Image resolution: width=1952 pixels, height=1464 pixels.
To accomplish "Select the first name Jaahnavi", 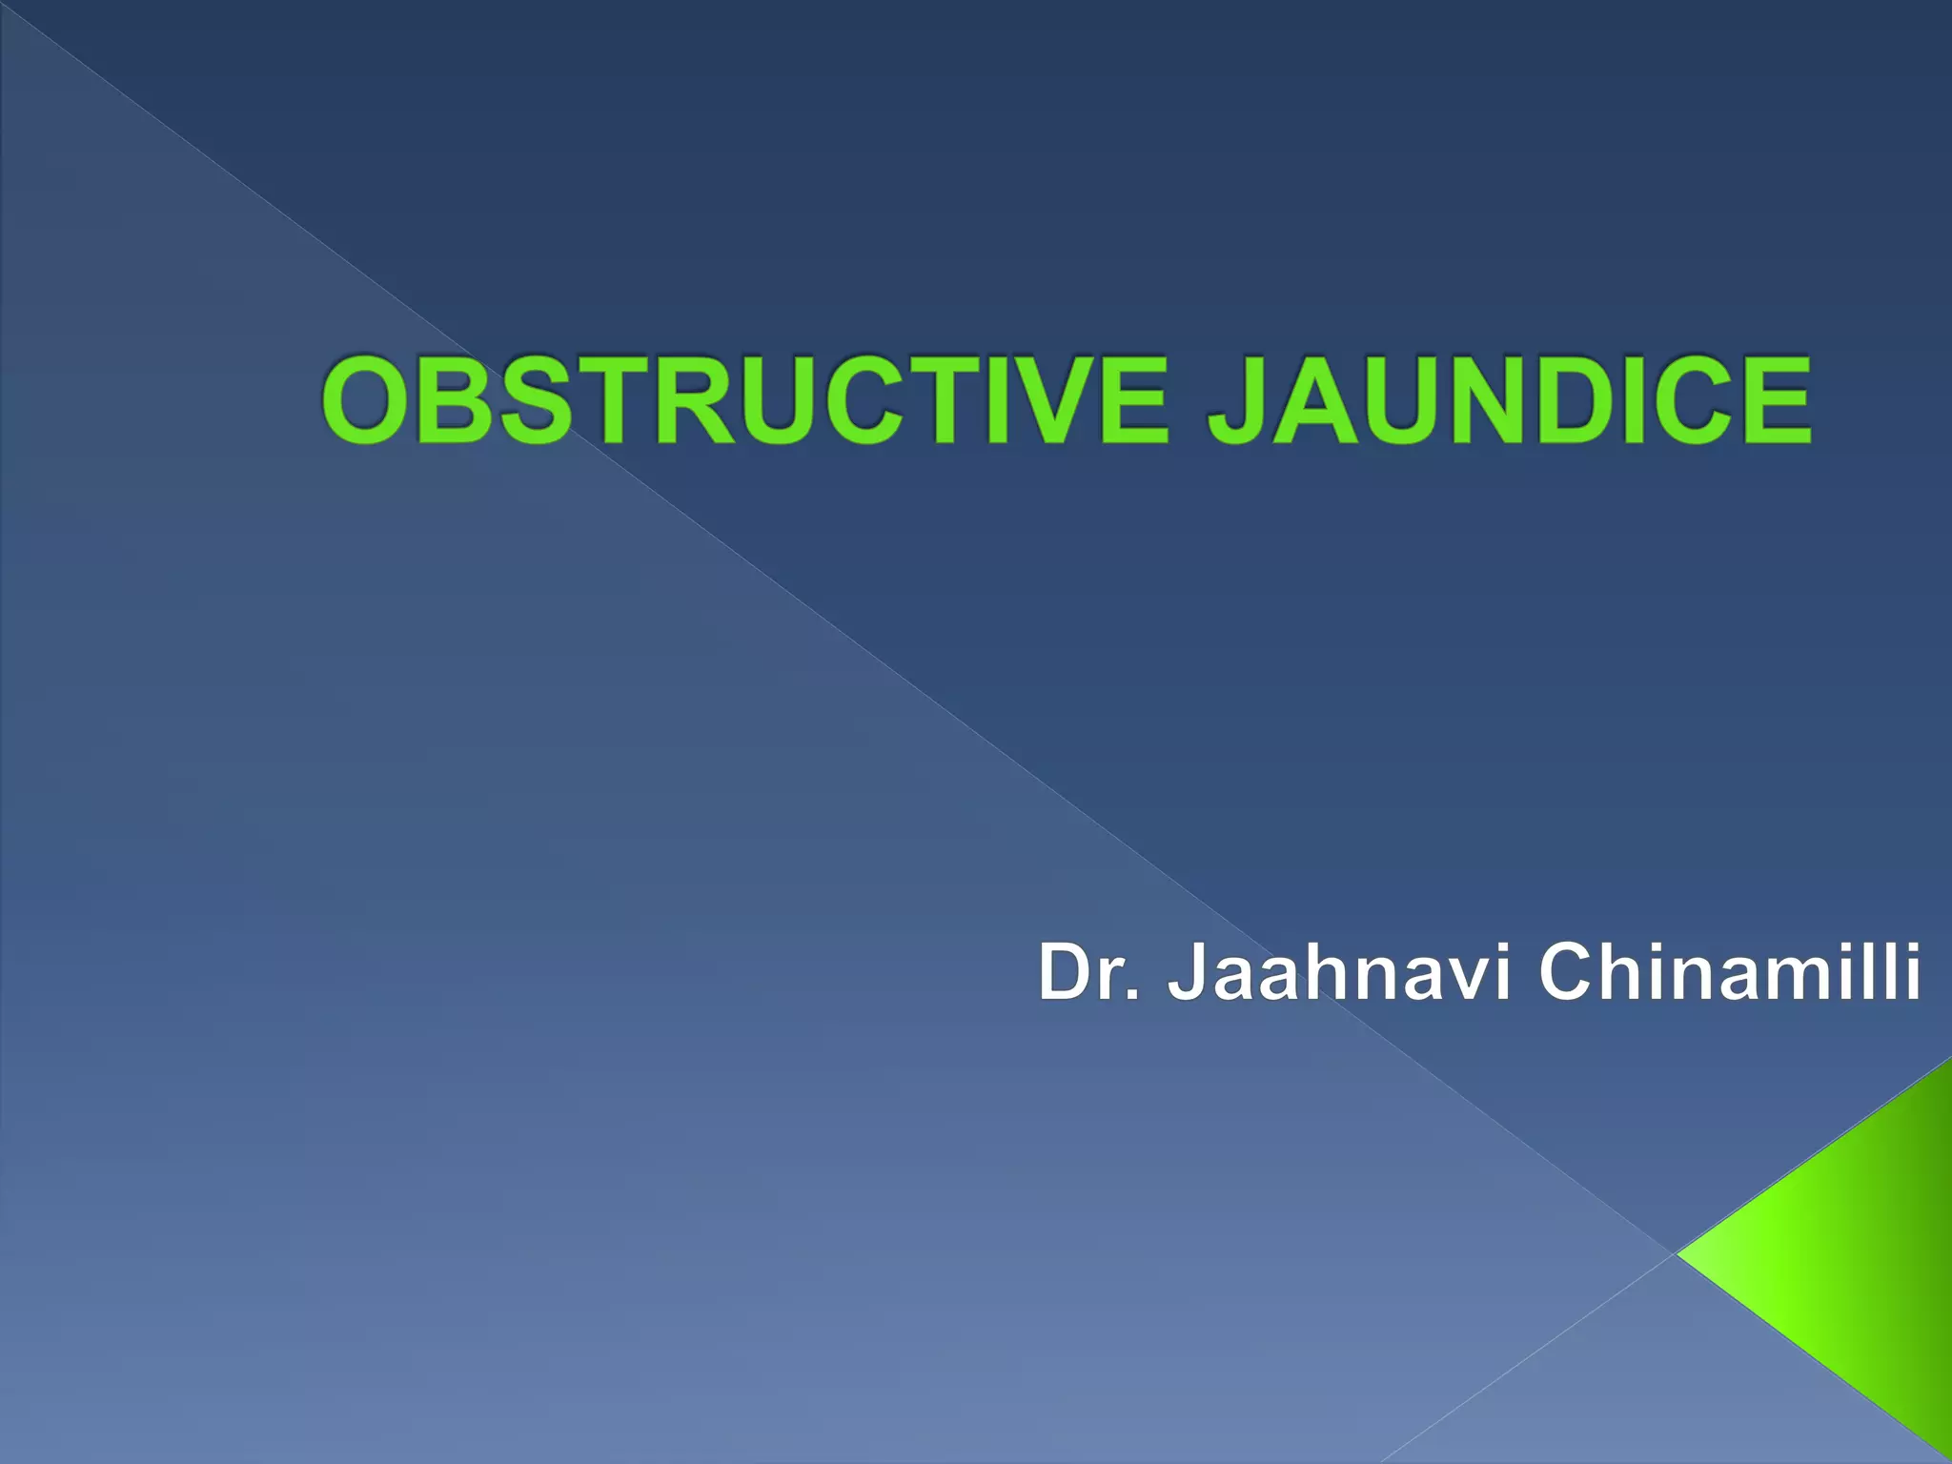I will tap(1339, 972).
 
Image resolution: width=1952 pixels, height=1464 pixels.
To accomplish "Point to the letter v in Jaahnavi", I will tap(1468, 980).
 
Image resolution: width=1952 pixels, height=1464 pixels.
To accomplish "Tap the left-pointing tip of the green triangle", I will tap(1682, 1253).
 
